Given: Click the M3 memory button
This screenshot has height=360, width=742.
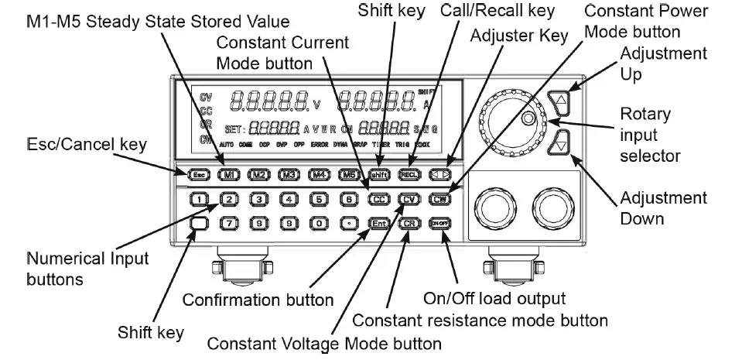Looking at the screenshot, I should point(289,174).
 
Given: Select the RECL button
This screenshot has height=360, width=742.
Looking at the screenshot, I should point(409,174).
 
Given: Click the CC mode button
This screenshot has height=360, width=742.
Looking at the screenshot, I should point(379,199).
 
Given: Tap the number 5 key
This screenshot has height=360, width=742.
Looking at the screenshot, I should point(319,199).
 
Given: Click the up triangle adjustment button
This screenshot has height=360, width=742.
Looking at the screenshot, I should point(562,100).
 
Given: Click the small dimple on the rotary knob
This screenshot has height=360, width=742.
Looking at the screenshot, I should point(528,118).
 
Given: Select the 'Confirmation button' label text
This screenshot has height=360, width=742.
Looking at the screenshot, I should point(258,300).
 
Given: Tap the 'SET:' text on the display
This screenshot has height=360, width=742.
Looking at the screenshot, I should point(234,128).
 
